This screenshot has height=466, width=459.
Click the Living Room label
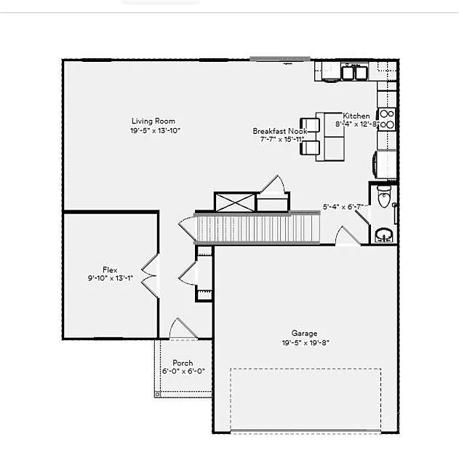coord(153,121)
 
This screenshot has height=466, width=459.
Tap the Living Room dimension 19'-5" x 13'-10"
coord(154,130)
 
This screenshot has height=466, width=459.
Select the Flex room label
coord(110,269)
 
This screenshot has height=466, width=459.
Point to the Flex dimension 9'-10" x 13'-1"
coord(110,277)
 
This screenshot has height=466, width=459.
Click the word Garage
coord(304,333)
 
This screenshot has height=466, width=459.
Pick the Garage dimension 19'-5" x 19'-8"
coord(306,342)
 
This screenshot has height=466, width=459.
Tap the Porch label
coord(183,363)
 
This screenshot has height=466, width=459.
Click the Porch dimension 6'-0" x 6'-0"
coord(183,371)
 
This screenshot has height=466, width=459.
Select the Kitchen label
coord(356,116)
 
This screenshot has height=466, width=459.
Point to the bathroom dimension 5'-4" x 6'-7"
coord(343,207)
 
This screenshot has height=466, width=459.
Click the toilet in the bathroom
coord(384,197)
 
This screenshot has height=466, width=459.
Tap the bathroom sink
coord(383,234)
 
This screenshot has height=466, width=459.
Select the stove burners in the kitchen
coord(387,119)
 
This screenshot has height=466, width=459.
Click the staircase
coord(258,228)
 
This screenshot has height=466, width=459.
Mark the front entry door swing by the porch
coord(182,329)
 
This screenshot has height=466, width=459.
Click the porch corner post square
coord(158,394)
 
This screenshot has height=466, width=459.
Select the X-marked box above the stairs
coord(234,202)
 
